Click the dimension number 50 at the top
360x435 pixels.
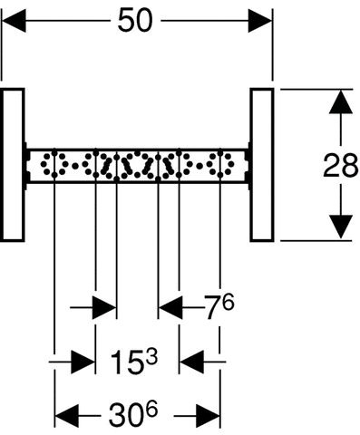[135, 20]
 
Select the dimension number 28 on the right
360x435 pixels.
[340, 165]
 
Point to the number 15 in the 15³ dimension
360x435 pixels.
[125, 362]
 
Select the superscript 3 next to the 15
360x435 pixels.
[151, 356]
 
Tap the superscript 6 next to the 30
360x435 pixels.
[151, 410]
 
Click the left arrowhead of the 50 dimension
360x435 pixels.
[14, 21]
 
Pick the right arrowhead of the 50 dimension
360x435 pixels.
[260, 21]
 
